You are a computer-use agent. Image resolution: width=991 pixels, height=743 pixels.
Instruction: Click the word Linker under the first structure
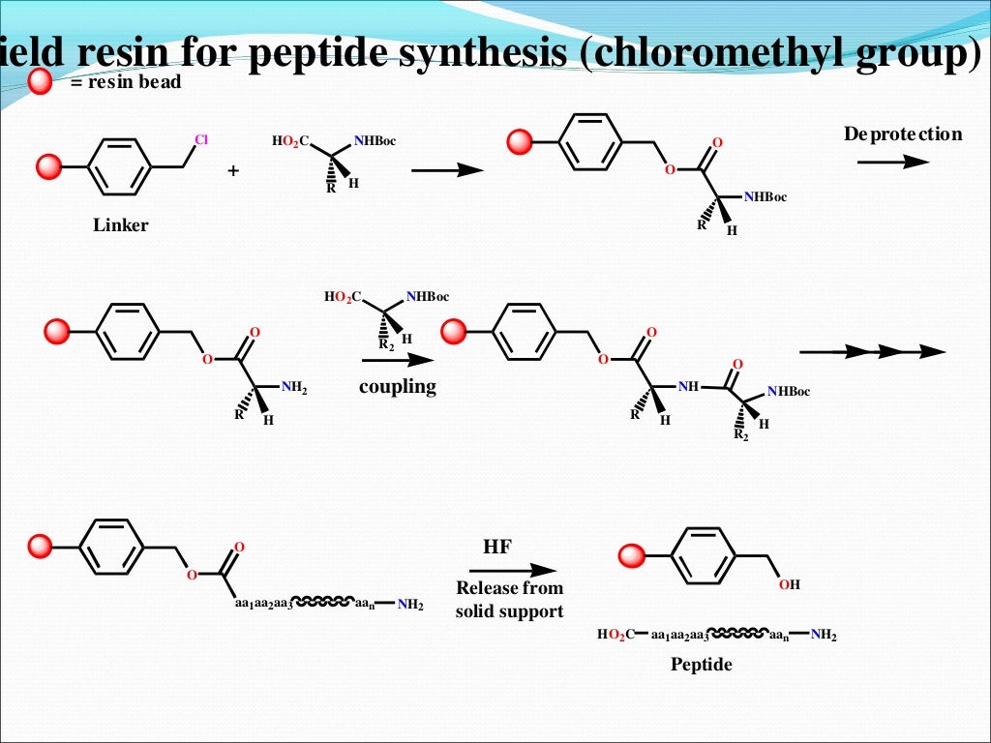coord(121,225)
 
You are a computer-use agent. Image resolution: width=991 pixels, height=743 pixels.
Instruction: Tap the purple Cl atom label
coord(201,139)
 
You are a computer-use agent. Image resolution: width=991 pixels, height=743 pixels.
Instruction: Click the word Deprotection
coord(903,134)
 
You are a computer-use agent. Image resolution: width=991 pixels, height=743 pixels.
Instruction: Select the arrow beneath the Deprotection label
coord(892,162)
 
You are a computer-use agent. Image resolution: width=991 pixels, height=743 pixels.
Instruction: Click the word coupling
coord(398,387)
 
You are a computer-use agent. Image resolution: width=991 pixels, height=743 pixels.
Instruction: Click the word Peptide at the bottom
coord(702,665)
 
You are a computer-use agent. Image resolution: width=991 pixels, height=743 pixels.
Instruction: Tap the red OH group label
coord(790,585)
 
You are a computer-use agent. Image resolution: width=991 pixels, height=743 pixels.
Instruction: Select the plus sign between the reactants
coord(232,171)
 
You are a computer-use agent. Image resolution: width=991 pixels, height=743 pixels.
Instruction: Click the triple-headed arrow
coord(872,351)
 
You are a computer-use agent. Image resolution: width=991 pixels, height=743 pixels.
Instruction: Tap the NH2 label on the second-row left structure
coord(293,388)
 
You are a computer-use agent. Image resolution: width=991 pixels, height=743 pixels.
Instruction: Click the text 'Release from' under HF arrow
coord(509,588)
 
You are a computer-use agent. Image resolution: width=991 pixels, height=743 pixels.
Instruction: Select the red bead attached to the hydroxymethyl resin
coord(631,555)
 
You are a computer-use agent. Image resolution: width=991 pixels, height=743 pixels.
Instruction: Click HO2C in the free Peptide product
coord(616,635)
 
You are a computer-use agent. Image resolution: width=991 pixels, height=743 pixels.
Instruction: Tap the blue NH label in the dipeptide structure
coord(688,387)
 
